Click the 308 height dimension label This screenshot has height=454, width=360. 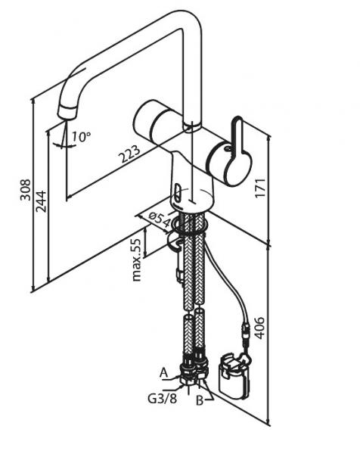click(26, 190)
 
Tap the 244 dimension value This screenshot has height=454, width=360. click(41, 201)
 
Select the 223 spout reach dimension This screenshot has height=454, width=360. click(130, 154)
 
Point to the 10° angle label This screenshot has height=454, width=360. click(82, 136)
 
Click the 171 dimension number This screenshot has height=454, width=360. click(260, 188)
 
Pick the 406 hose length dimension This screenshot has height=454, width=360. click(259, 328)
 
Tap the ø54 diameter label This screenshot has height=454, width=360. click(160, 219)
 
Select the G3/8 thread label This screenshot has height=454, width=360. click(162, 399)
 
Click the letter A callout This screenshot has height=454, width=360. click(164, 373)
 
